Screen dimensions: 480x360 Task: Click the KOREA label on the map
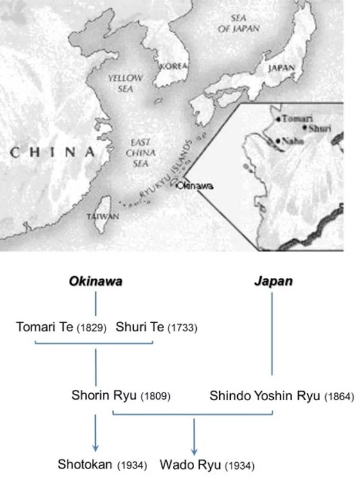172,66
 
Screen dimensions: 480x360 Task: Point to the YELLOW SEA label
120,82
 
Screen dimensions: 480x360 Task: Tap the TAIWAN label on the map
103,217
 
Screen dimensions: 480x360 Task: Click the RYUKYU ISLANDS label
168,169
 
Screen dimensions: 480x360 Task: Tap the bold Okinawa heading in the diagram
96,282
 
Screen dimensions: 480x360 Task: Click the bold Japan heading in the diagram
273,282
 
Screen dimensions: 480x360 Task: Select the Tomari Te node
44,328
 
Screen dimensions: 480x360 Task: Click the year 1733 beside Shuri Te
183,328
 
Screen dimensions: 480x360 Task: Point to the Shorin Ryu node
101,396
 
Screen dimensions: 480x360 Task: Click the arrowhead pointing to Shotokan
96,447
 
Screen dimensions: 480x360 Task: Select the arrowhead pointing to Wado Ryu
194,447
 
